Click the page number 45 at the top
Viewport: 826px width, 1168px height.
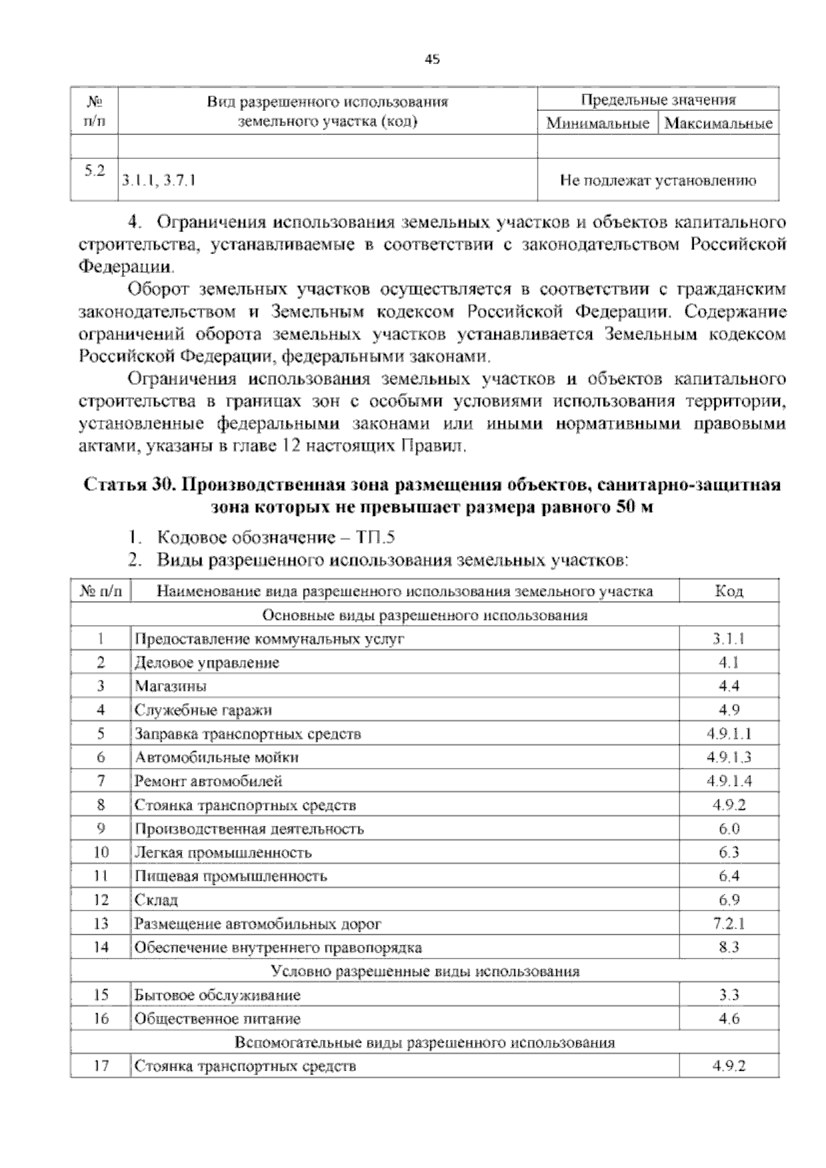coord(432,60)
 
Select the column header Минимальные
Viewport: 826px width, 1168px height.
coord(597,124)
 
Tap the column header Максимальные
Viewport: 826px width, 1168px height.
coord(719,124)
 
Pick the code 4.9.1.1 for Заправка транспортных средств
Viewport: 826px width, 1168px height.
coord(729,733)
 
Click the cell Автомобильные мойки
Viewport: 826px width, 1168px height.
coord(217,758)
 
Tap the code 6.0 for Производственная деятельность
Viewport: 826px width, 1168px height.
coord(729,828)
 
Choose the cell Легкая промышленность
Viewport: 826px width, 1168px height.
coord(223,853)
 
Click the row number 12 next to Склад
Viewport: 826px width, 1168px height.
coord(100,900)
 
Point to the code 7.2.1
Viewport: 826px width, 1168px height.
coord(729,924)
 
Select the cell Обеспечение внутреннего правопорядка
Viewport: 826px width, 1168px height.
coord(278,948)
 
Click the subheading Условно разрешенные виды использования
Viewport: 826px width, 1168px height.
coord(425,972)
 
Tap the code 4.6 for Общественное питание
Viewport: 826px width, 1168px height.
coord(729,1019)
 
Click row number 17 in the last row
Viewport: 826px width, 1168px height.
coord(100,1067)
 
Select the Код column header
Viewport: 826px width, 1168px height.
coord(729,591)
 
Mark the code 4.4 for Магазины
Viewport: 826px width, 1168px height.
coord(729,686)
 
